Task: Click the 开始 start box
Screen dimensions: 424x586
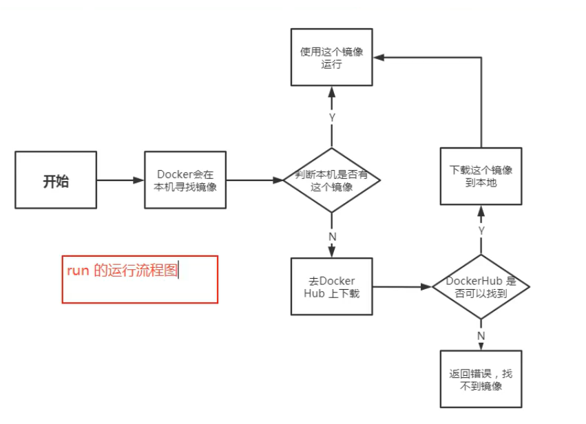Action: (56, 180)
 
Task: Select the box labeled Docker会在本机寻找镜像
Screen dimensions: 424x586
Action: (185, 180)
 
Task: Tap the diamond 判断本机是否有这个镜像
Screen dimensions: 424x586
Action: (332, 180)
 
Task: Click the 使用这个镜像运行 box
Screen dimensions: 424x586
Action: (332, 57)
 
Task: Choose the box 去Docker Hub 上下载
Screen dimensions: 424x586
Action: (332, 286)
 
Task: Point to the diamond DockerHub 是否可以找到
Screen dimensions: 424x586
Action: (481, 287)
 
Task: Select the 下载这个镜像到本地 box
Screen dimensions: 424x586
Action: (481, 176)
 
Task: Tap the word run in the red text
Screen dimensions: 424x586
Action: (78, 271)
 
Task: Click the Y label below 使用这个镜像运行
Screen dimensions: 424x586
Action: (332, 118)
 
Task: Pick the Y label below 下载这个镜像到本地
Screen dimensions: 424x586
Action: (481, 230)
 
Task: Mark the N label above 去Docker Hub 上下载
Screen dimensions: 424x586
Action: (332, 235)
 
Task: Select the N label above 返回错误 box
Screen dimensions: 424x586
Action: (481, 335)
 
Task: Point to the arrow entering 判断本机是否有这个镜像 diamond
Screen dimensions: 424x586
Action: (255, 180)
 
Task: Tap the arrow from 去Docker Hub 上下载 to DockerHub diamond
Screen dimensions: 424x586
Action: (402, 286)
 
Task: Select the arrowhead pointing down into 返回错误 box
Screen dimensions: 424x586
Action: (481, 346)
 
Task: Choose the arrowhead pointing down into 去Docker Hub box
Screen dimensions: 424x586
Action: (332, 253)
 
